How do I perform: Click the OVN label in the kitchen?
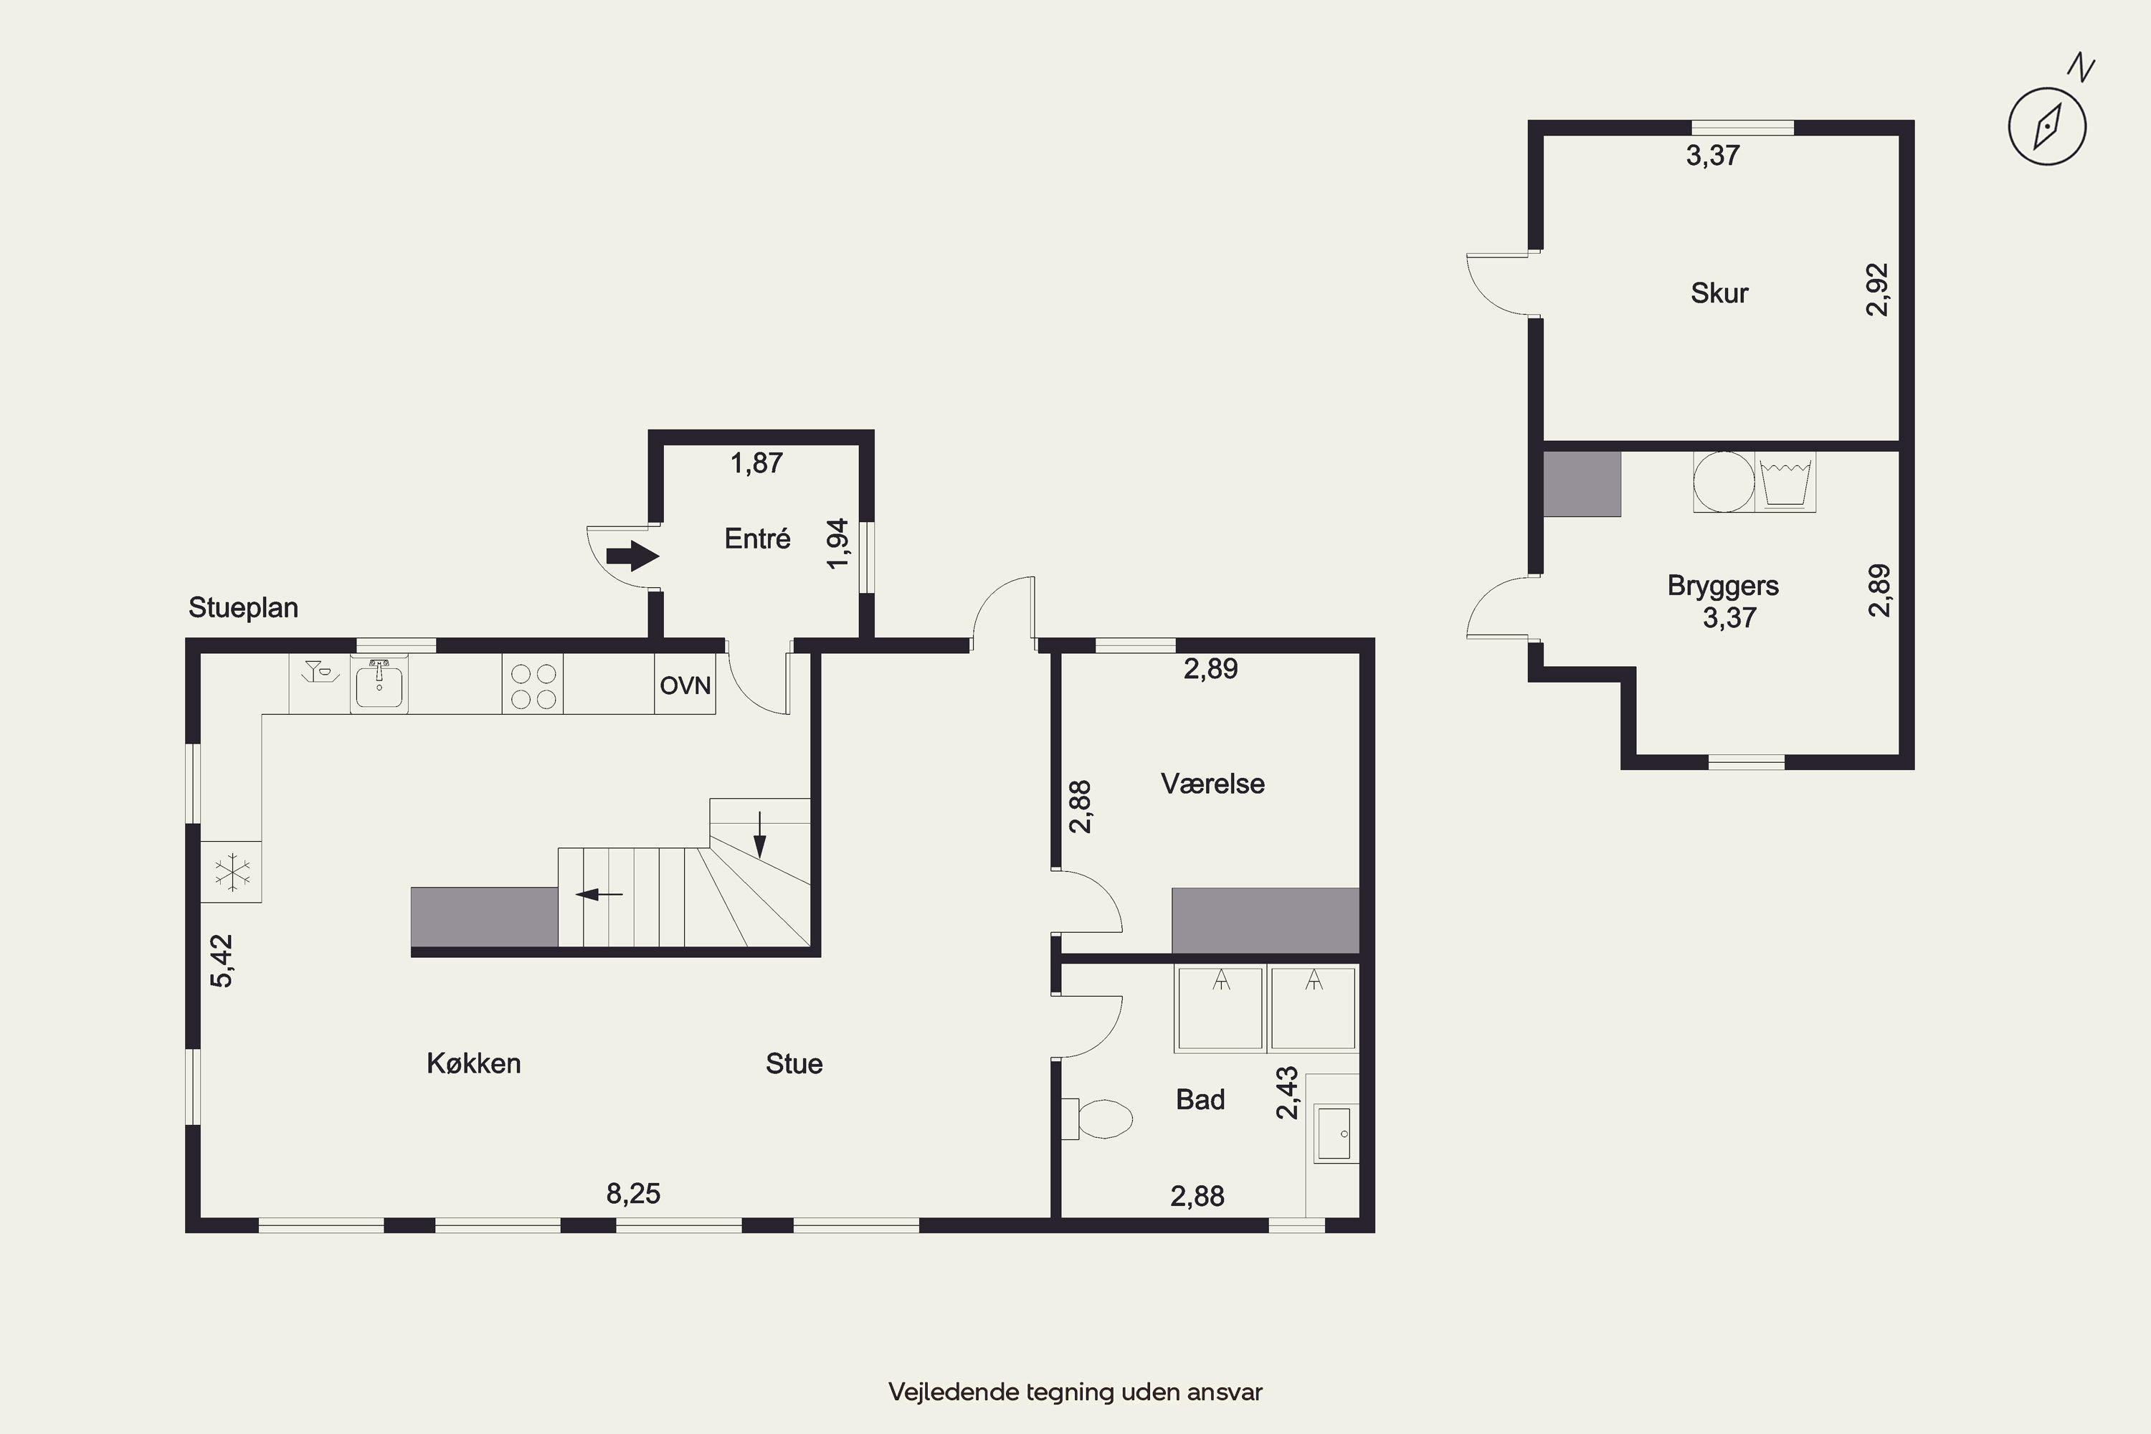point(685,685)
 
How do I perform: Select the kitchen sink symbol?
point(379,684)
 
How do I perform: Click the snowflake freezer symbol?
point(232,873)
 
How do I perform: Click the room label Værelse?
point(1212,784)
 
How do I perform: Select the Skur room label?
point(1719,293)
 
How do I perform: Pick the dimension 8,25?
point(633,1194)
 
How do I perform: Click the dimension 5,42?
point(222,960)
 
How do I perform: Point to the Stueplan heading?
point(243,607)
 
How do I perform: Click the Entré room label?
point(757,538)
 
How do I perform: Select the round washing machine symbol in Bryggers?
point(1724,482)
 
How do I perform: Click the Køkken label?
point(474,1063)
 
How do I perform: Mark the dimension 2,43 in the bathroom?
point(1287,1092)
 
